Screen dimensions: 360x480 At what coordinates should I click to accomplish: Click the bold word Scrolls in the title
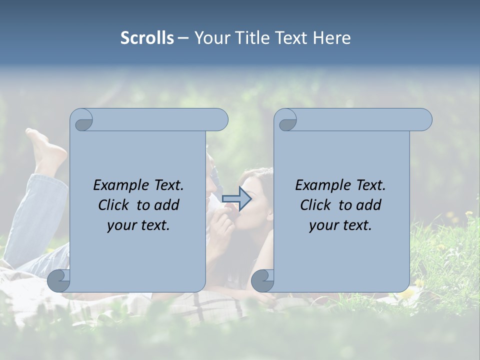[147, 38]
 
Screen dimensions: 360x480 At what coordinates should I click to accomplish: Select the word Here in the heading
[332, 38]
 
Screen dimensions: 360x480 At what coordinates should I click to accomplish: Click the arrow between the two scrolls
[236, 198]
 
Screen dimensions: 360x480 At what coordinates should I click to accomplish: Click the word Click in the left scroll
[114, 205]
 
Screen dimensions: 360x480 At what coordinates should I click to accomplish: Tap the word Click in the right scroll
[316, 205]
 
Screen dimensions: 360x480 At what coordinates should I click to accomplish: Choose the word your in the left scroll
[121, 225]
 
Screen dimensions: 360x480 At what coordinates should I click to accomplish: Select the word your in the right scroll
[323, 225]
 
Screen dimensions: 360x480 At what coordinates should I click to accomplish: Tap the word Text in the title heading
[291, 38]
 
